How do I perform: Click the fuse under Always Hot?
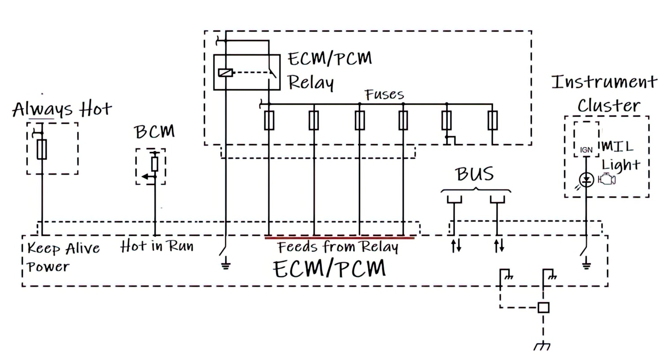pyautogui.click(x=42, y=149)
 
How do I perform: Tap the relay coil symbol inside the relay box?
pyautogui.click(x=225, y=73)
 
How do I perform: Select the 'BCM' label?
pyautogui.click(x=154, y=132)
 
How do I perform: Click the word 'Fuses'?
pyautogui.click(x=384, y=95)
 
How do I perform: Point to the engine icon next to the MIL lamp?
pyautogui.click(x=607, y=180)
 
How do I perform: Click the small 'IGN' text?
pyautogui.click(x=586, y=150)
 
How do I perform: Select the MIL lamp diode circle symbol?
pyautogui.click(x=586, y=180)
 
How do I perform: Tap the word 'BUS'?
pyautogui.click(x=475, y=174)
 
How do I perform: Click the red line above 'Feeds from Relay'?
pyautogui.click(x=340, y=238)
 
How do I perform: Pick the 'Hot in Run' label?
pyautogui.click(x=157, y=246)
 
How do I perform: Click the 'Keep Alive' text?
pyautogui.click(x=63, y=248)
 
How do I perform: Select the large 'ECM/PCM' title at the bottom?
pyautogui.click(x=329, y=269)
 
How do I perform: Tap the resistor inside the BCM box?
pyautogui.click(x=155, y=164)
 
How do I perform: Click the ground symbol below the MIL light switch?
pyautogui.click(x=586, y=265)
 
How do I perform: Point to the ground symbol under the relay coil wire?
pyautogui.click(x=226, y=265)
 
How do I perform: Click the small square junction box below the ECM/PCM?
pyautogui.click(x=543, y=308)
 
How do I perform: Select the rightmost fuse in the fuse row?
pyautogui.click(x=492, y=120)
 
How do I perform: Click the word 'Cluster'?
pyautogui.click(x=608, y=106)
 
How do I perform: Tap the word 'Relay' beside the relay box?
pyautogui.click(x=310, y=83)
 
